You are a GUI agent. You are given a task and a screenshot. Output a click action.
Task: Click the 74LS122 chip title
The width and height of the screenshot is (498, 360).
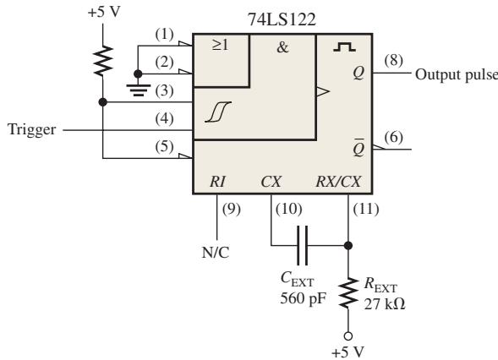pos(282,19)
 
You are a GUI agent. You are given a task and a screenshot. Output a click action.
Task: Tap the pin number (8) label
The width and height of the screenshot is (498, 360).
pos(393,60)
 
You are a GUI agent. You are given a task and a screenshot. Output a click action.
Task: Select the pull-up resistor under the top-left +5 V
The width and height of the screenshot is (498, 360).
pos(103,61)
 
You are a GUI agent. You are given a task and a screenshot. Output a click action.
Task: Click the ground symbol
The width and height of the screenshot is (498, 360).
pos(138,90)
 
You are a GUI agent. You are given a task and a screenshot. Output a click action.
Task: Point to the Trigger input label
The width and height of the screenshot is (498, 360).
pos(32,129)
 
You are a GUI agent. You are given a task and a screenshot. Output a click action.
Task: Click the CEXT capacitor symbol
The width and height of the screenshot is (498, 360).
pos(302,245)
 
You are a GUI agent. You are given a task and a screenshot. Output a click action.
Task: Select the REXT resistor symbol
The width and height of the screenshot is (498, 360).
pos(348,292)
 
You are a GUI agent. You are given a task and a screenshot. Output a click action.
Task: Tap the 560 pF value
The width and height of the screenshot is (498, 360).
pos(303,298)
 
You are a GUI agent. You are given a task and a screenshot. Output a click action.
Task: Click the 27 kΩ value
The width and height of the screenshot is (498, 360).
pos(385,304)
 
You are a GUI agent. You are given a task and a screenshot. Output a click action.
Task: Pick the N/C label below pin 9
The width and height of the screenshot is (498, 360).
pos(216,253)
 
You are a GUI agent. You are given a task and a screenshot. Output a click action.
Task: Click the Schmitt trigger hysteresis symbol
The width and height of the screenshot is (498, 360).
pos(218,112)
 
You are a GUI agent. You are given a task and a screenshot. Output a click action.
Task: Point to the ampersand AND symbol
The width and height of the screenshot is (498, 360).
pos(282,47)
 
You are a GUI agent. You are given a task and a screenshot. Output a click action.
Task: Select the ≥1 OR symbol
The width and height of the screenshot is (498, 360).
pos(220,45)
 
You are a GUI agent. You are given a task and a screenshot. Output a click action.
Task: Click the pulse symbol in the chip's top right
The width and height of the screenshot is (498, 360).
pos(345,47)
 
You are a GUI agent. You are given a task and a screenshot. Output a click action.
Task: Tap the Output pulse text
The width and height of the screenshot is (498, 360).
pos(457,75)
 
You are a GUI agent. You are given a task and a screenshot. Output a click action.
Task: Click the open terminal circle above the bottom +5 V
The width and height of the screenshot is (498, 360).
pos(348,335)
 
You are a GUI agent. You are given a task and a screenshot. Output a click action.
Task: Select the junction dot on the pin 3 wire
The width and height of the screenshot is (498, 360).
pos(103,102)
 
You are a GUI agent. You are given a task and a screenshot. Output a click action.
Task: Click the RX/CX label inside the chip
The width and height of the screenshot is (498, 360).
pos(338,182)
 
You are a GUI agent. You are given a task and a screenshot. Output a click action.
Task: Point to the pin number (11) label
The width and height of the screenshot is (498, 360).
pos(366,210)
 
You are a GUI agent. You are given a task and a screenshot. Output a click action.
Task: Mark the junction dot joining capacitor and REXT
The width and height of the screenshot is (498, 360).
pos(348,245)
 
